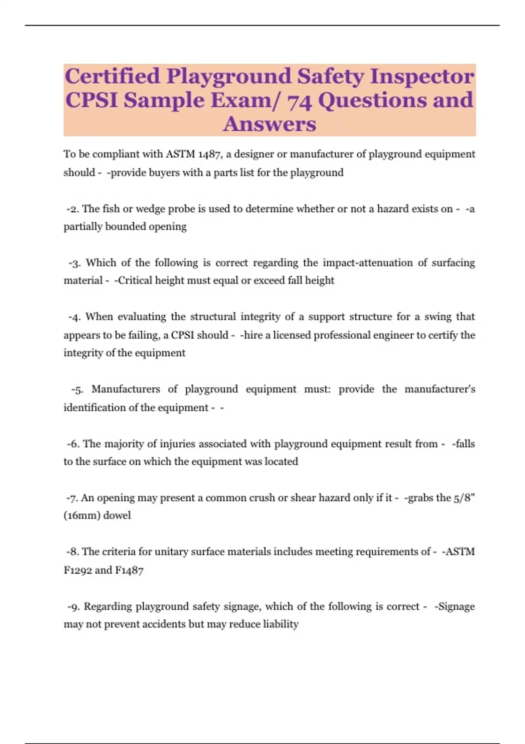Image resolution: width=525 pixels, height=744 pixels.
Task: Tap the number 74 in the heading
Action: [x=299, y=101]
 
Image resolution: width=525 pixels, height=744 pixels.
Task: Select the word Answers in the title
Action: [x=269, y=124]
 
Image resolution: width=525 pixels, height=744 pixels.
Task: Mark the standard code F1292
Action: [x=77, y=570]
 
